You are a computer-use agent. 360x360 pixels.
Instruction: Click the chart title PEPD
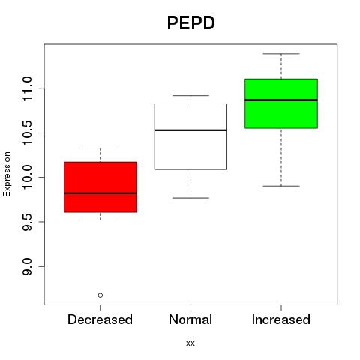coord(190,22)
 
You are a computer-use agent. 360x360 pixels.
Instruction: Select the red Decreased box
coord(100,187)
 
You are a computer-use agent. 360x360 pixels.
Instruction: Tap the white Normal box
coord(190,136)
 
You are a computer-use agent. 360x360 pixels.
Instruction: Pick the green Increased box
coord(281,103)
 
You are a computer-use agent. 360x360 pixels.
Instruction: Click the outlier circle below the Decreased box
coord(100,295)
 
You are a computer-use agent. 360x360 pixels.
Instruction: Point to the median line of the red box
coord(100,193)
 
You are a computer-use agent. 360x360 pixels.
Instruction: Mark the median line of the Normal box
coord(190,130)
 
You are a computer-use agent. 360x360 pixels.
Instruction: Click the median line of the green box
coord(281,100)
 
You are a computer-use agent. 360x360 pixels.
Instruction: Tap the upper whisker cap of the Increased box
coord(281,54)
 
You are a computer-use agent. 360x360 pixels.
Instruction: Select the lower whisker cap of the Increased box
coord(281,186)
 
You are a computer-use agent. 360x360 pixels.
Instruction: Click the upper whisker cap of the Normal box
coord(190,95)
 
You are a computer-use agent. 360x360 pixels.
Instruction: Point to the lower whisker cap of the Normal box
coord(190,198)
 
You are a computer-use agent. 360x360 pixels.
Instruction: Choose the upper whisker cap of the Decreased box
coord(100,148)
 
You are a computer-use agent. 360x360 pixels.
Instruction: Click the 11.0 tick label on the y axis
coord(27,88)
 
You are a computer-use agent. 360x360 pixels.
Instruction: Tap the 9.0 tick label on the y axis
coord(27,266)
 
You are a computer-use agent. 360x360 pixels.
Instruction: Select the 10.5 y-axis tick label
coord(27,133)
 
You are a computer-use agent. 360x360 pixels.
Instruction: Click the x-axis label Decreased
coord(100,319)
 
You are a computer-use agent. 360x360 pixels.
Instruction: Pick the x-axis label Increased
coord(281,319)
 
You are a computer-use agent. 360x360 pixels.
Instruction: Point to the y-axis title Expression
coord(7,174)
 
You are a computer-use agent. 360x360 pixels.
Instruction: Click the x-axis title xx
coord(190,343)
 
